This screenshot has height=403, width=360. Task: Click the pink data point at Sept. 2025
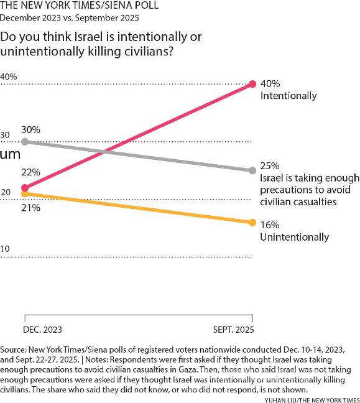coord(252,84)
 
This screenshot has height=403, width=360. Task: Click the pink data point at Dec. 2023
coord(25,187)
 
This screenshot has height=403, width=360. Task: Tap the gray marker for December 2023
coord(25,142)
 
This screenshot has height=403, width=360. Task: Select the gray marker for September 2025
coord(252,170)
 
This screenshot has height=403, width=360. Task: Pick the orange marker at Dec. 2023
coord(25,194)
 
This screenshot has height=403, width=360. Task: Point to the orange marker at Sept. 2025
coord(252,222)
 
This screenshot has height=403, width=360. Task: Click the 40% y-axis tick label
coord(9,76)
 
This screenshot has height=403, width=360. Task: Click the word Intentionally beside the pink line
coord(288,96)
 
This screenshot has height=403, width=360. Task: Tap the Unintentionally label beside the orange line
coord(294,237)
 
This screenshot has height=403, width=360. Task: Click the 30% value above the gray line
coord(30,130)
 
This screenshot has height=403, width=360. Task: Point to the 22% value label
coord(30,172)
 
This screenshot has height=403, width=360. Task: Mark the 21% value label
coord(30,208)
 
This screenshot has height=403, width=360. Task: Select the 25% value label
coord(270,166)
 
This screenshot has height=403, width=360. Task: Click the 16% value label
coord(270,225)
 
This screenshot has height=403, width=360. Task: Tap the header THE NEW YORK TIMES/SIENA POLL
coord(79,6)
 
